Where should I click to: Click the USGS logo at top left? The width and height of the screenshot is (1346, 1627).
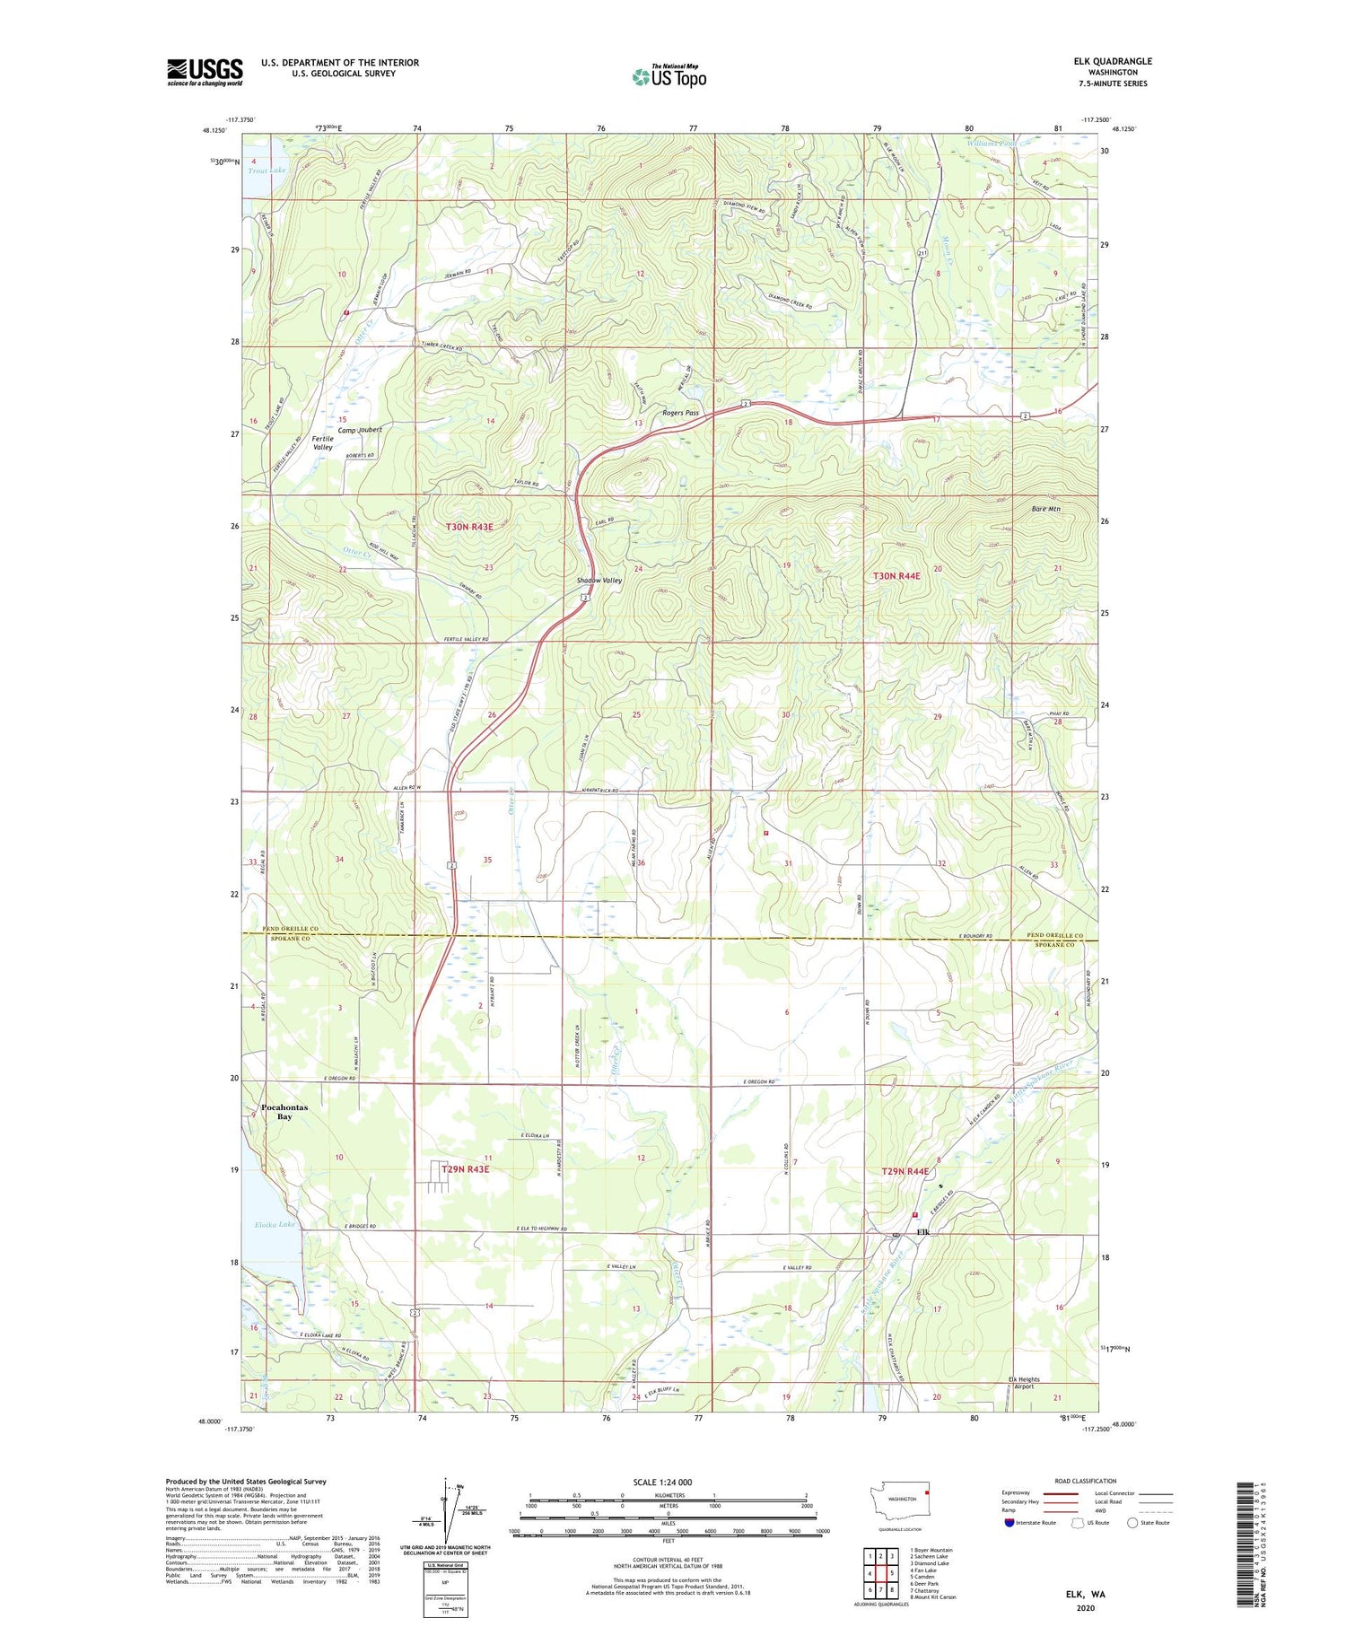point(205,72)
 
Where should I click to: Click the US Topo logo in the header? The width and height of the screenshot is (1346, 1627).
point(669,77)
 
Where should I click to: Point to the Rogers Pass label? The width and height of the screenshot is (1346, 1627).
point(680,413)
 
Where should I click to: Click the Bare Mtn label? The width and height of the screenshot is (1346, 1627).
point(1045,509)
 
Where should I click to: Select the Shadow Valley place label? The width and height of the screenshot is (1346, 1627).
point(599,581)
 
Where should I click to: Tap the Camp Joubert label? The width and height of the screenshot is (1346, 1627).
point(358,430)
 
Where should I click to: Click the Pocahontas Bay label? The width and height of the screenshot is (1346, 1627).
point(284,1112)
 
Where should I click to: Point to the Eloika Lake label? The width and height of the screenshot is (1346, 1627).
point(275,1224)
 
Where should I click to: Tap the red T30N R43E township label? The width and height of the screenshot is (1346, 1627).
point(469,528)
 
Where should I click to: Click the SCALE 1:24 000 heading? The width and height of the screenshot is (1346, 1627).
point(669,1483)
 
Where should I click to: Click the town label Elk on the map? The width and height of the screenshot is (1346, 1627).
point(922,1232)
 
